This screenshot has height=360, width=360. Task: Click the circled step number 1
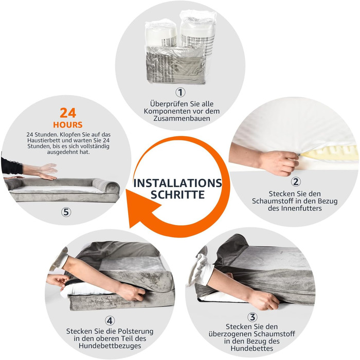pyautogui.click(x=181, y=92)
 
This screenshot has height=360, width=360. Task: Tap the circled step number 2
pyautogui.click(x=296, y=182)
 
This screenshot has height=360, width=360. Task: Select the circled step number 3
pyautogui.click(x=253, y=317)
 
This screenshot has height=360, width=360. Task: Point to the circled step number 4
pyautogui.click(x=110, y=320)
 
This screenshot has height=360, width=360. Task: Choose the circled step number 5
pyautogui.click(x=66, y=212)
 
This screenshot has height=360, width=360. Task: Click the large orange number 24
pyautogui.click(x=68, y=113)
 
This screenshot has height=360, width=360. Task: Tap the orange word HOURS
pyautogui.click(x=68, y=124)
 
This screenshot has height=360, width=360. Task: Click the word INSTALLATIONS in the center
pyautogui.click(x=178, y=183)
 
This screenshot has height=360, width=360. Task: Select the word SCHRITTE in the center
pyautogui.click(x=177, y=195)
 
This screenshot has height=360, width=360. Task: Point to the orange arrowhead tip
pyautogui.click(x=130, y=227)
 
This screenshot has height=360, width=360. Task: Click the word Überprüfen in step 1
pyautogui.click(x=169, y=104)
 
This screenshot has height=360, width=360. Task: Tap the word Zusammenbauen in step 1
pyautogui.click(x=182, y=118)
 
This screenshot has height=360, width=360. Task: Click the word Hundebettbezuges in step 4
pyautogui.click(x=110, y=346)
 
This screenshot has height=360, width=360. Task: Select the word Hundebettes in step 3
pyautogui.click(x=252, y=348)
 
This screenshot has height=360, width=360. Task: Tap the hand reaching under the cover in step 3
pyautogui.click(x=264, y=299)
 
